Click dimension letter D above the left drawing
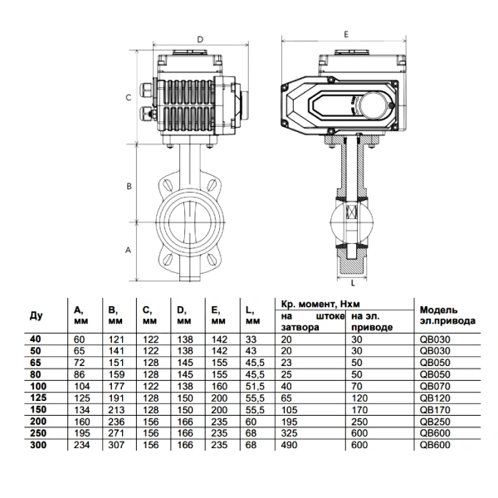200,40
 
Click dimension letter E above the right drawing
346,34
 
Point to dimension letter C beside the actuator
129,97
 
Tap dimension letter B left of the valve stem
129,186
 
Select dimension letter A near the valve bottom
128,251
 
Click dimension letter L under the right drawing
353,283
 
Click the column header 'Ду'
37,315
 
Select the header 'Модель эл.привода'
447,315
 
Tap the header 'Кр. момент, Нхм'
320,305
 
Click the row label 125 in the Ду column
38,398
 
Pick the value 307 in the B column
116,445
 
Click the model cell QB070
435,386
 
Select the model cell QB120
435,398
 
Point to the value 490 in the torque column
289,445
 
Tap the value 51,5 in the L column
255,386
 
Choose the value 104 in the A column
82,386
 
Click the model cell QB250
435,422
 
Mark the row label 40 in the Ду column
36,339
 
